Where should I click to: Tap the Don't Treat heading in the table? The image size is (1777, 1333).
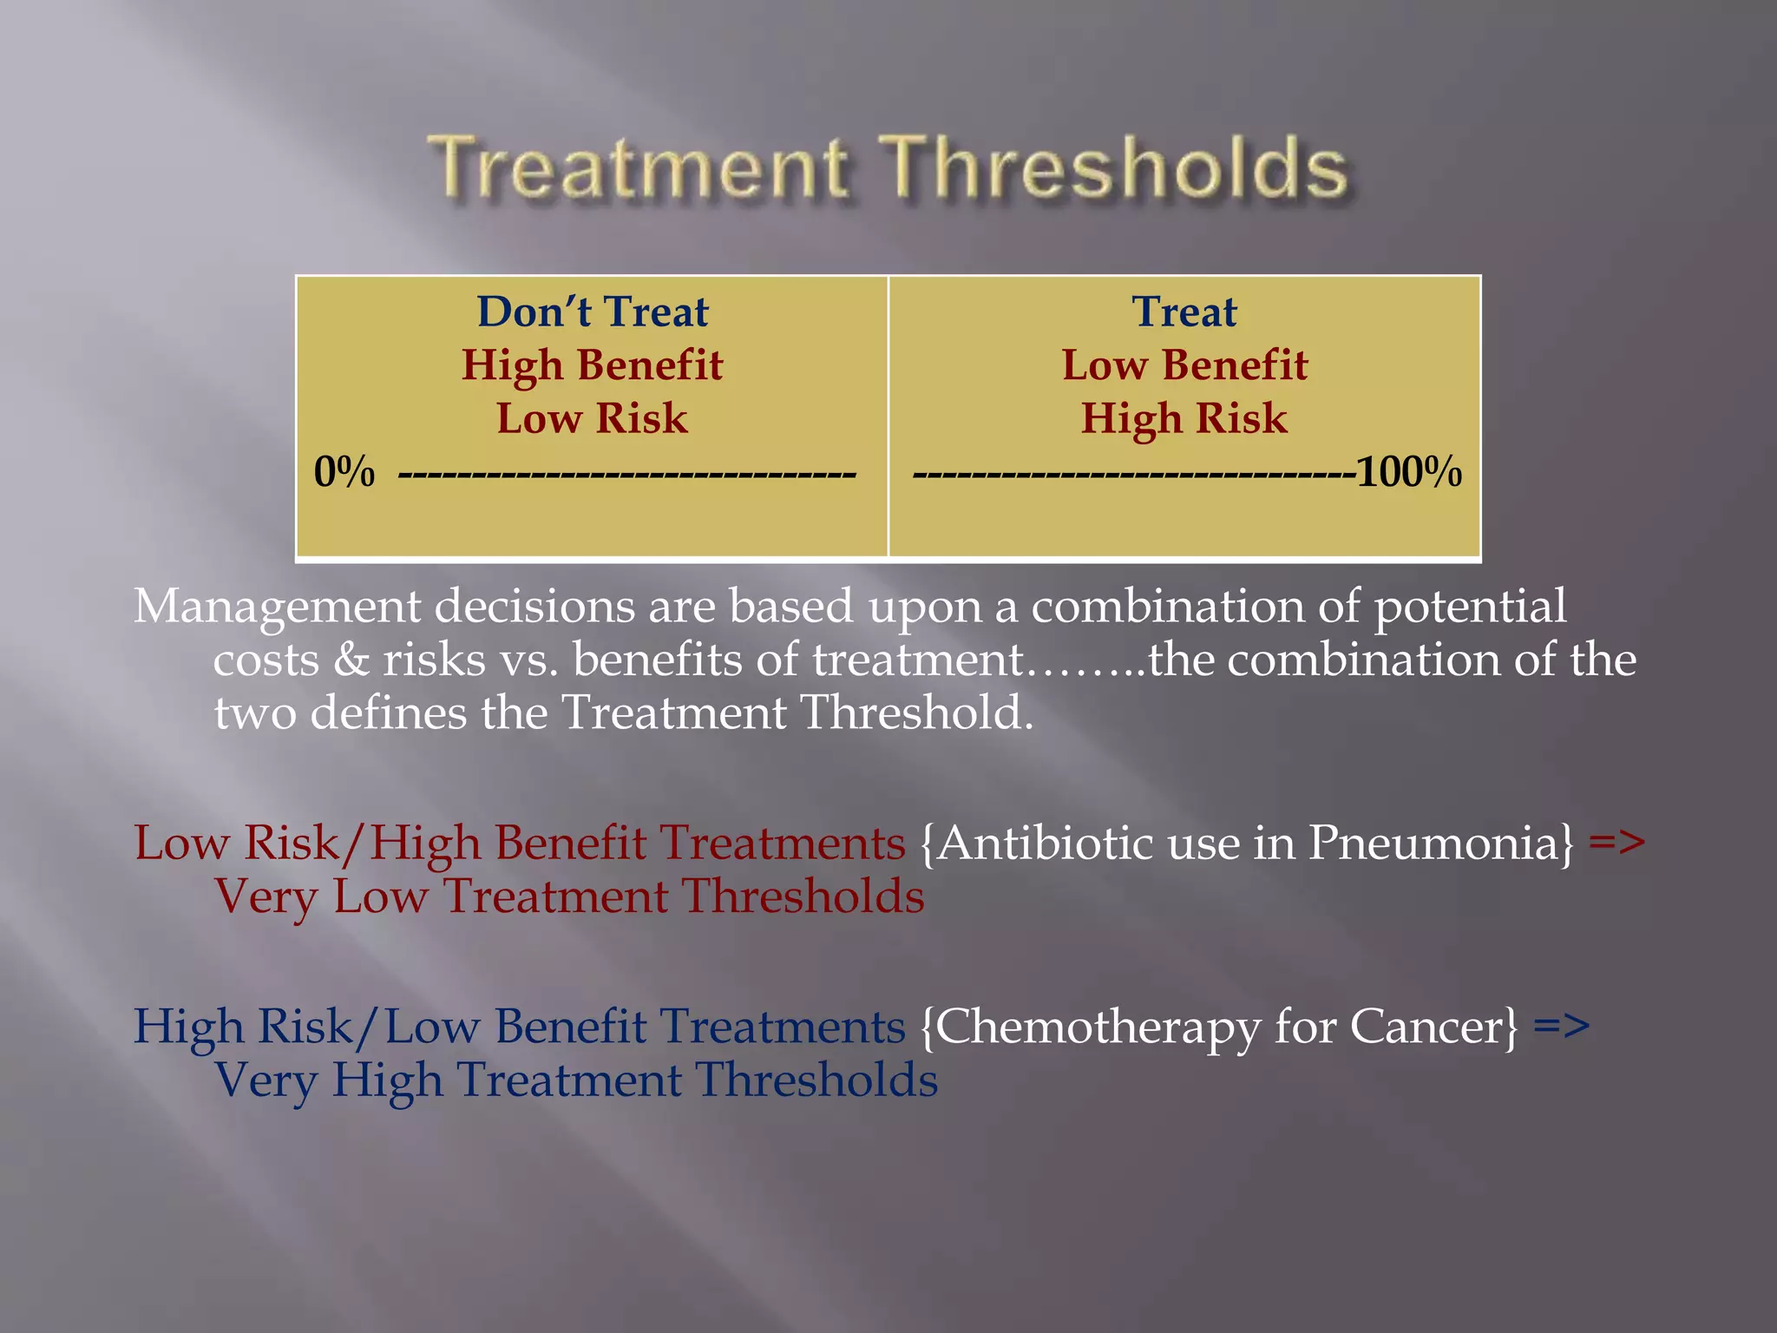593,312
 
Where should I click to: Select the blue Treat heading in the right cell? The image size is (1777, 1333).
1184,312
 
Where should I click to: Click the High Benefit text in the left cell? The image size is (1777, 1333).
592,365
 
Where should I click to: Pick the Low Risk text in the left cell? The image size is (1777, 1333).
592,418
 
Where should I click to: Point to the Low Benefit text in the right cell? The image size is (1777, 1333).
1184,365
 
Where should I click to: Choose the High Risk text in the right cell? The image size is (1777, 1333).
1184,418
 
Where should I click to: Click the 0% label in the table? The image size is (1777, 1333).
344,473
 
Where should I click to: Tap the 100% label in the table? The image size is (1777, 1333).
1408,473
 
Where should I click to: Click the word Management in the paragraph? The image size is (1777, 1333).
276,607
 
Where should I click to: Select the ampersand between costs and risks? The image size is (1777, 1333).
351,660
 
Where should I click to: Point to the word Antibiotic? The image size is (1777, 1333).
1045,843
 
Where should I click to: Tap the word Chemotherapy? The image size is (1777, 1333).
1097,1028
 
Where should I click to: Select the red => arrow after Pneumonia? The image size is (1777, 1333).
1616,843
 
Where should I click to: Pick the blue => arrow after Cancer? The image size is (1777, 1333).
1562,1028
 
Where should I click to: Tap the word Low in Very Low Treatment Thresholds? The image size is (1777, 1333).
381,897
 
